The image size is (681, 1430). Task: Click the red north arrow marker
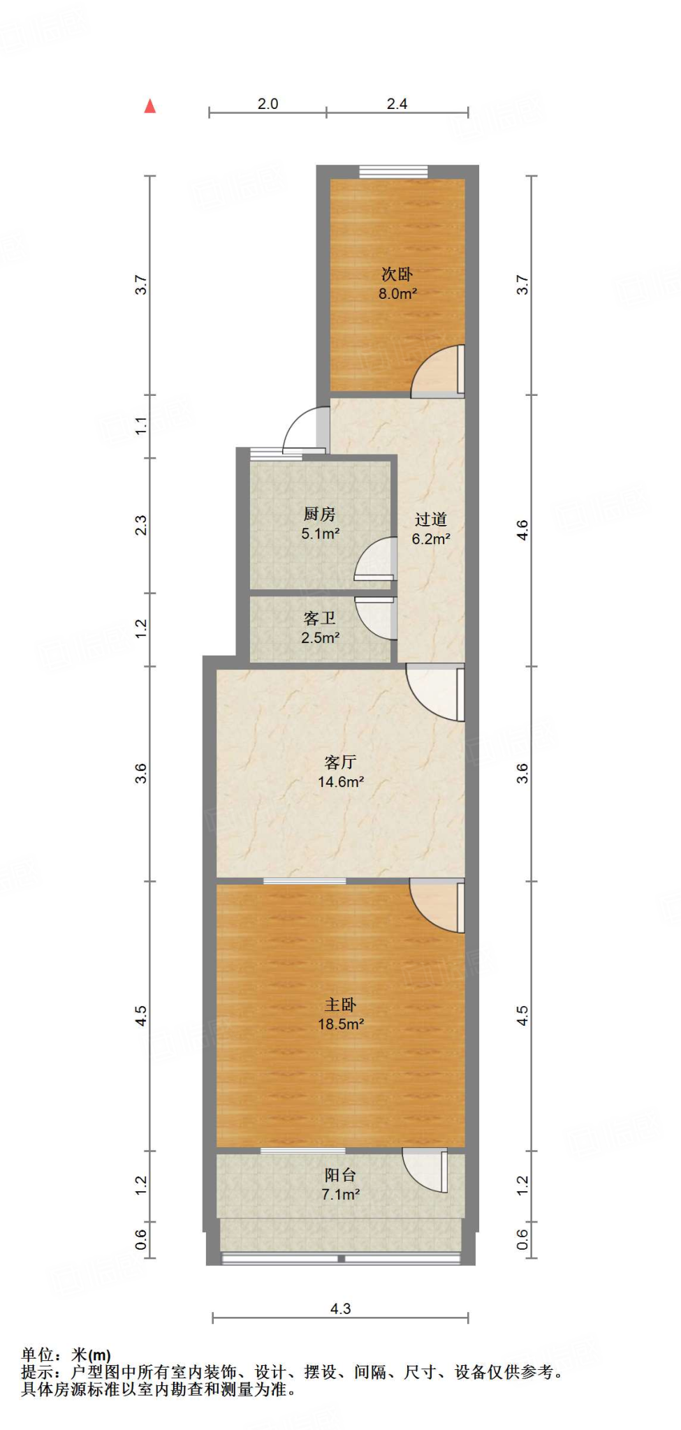click(x=149, y=106)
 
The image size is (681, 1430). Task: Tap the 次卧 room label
click(x=397, y=274)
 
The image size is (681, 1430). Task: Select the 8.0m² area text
click(x=397, y=294)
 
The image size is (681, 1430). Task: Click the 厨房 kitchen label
click(x=320, y=515)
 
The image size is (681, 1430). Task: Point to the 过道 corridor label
click(x=430, y=519)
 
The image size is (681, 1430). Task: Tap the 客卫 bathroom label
click(x=320, y=619)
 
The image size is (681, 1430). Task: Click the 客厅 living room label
click(x=340, y=762)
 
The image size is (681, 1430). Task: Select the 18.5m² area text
click(x=340, y=1024)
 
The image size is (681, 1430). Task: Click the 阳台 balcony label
click(x=340, y=1175)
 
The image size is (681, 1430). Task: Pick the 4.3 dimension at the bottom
click(x=340, y=1309)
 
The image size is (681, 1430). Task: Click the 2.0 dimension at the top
click(x=268, y=104)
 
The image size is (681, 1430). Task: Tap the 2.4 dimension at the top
click(x=397, y=104)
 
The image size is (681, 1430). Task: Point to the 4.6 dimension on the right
click(x=522, y=531)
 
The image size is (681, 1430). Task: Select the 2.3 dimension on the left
click(x=141, y=525)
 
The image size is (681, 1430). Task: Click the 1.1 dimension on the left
click(x=141, y=425)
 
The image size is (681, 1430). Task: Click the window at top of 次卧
click(x=393, y=171)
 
